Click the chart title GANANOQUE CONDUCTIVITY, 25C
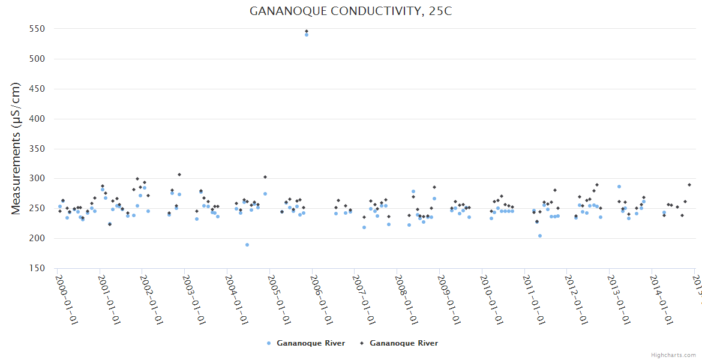click(350, 11)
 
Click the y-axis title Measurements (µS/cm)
click(16, 148)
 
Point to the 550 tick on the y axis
click(40, 29)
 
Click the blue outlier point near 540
click(306, 35)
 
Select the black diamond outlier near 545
click(307, 31)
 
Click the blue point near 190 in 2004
click(247, 245)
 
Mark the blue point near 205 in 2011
click(540, 236)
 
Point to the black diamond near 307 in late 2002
click(179, 175)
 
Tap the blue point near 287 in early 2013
click(619, 187)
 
